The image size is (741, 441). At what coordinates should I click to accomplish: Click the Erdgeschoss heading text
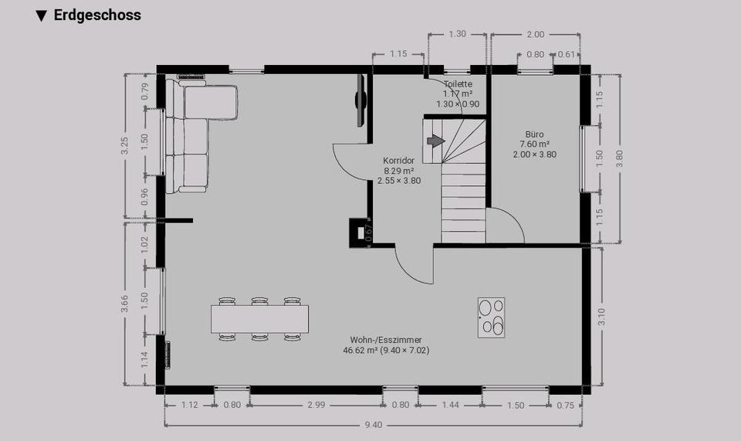[x=96, y=15]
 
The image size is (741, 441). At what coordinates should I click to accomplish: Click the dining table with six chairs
[x=259, y=318]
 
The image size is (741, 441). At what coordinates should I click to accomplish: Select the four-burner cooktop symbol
[x=492, y=316]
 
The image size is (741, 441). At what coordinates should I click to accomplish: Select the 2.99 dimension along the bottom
[x=316, y=405]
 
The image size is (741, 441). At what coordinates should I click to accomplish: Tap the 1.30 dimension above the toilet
[x=457, y=34]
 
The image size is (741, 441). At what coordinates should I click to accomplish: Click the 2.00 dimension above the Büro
[x=535, y=34]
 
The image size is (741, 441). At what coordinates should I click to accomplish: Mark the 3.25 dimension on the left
[x=126, y=147]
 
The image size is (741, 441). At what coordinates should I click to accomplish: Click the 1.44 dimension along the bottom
[x=449, y=405]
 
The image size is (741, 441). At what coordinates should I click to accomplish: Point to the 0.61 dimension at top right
[x=566, y=54]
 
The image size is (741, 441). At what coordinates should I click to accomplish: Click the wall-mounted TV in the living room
[x=360, y=100]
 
